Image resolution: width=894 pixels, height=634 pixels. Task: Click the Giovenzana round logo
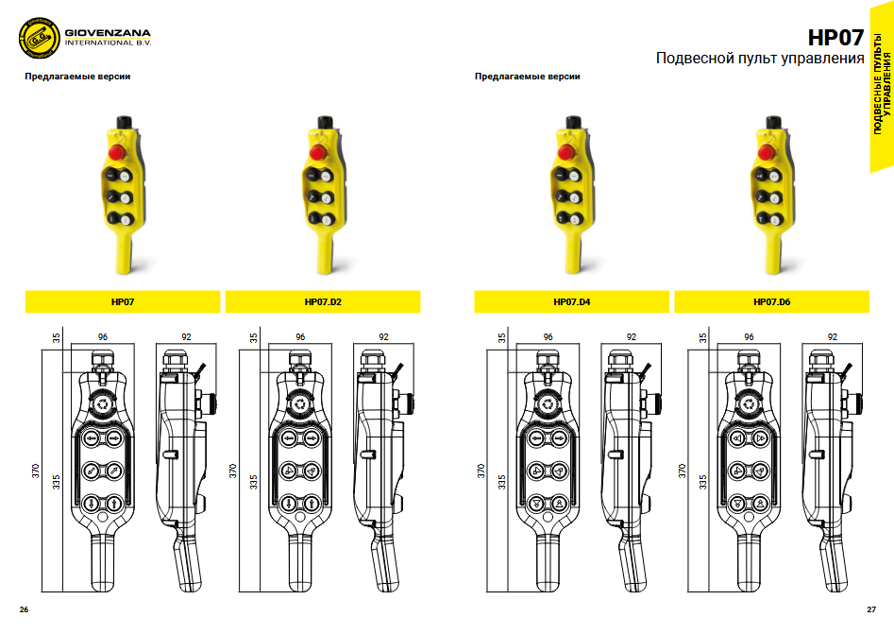pyautogui.click(x=39, y=40)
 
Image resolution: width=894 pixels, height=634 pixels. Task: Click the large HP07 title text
pyautogui.click(x=835, y=38)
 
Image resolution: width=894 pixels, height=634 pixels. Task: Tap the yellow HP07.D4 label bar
pyautogui.click(x=572, y=302)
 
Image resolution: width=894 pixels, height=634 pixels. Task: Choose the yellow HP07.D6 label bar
pyautogui.click(x=772, y=302)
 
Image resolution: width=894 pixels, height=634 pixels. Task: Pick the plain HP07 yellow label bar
pyautogui.click(x=123, y=302)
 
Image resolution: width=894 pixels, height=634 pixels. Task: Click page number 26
pyautogui.click(x=24, y=609)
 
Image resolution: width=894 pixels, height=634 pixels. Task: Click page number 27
pyautogui.click(x=871, y=609)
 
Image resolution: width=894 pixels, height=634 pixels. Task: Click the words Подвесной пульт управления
pyautogui.click(x=760, y=60)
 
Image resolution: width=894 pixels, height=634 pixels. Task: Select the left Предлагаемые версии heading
pyautogui.click(x=77, y=77)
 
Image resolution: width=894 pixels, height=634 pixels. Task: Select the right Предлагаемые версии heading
pyautogui.click(x=528, y=77)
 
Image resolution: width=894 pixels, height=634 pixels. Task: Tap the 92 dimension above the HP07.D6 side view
pyautogui.click(x=833, y=336)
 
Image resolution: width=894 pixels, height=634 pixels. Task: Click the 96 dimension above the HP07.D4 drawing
pyautogui.click(x=548, y=336)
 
